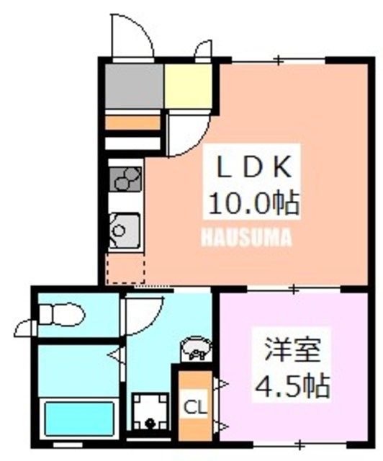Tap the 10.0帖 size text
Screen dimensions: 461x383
pos(253,205)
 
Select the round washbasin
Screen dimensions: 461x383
pos(196,349)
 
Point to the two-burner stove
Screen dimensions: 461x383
pos(125,178)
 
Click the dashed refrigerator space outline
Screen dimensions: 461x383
pos(125,268)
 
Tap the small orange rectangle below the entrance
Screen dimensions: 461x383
pos(132,122)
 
